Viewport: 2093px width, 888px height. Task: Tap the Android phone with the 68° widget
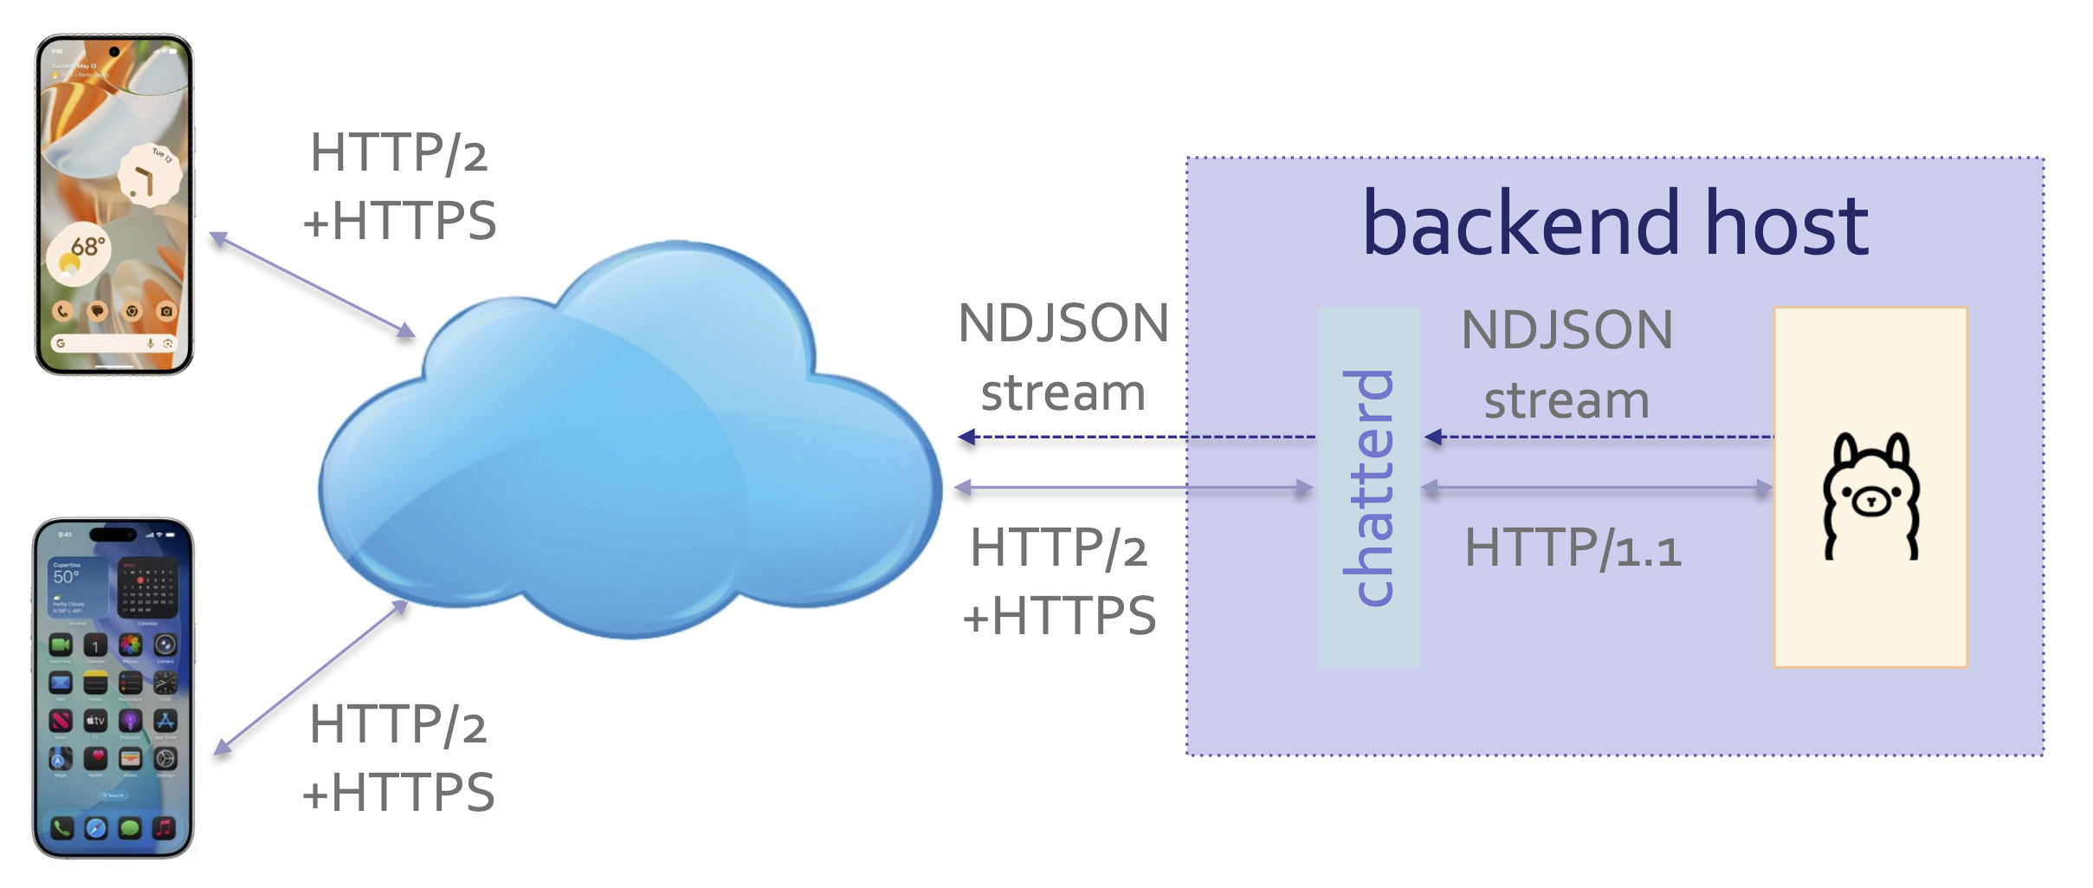(113, 204)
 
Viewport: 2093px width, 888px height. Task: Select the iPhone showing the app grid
(113, 689)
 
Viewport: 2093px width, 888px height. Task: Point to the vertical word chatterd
(1369, 487)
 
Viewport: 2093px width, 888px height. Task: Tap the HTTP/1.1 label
(1572, 548)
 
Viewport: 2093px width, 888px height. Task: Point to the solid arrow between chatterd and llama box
(1597, 489)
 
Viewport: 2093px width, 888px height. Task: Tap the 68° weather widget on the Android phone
(80, 254)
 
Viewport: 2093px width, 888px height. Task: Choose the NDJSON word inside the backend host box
(1567, 330)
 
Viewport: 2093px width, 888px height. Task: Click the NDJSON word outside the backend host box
(1063, 323)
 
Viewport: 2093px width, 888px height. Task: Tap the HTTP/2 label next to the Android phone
(398, 153)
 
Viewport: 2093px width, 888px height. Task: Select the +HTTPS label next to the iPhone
(398, 792)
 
